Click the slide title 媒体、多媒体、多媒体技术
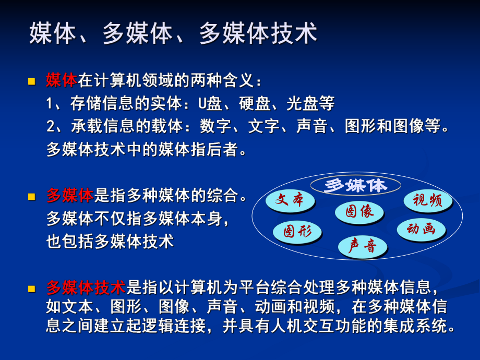coord(173,34)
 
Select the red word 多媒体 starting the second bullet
coord(70,196)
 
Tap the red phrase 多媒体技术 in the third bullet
coord(86,287)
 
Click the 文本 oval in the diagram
coord(290,201)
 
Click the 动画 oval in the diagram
coord(421,229)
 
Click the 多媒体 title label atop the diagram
coord(356,185)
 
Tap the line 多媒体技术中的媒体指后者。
coord(146,150)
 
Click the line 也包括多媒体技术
coord(110,242)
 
